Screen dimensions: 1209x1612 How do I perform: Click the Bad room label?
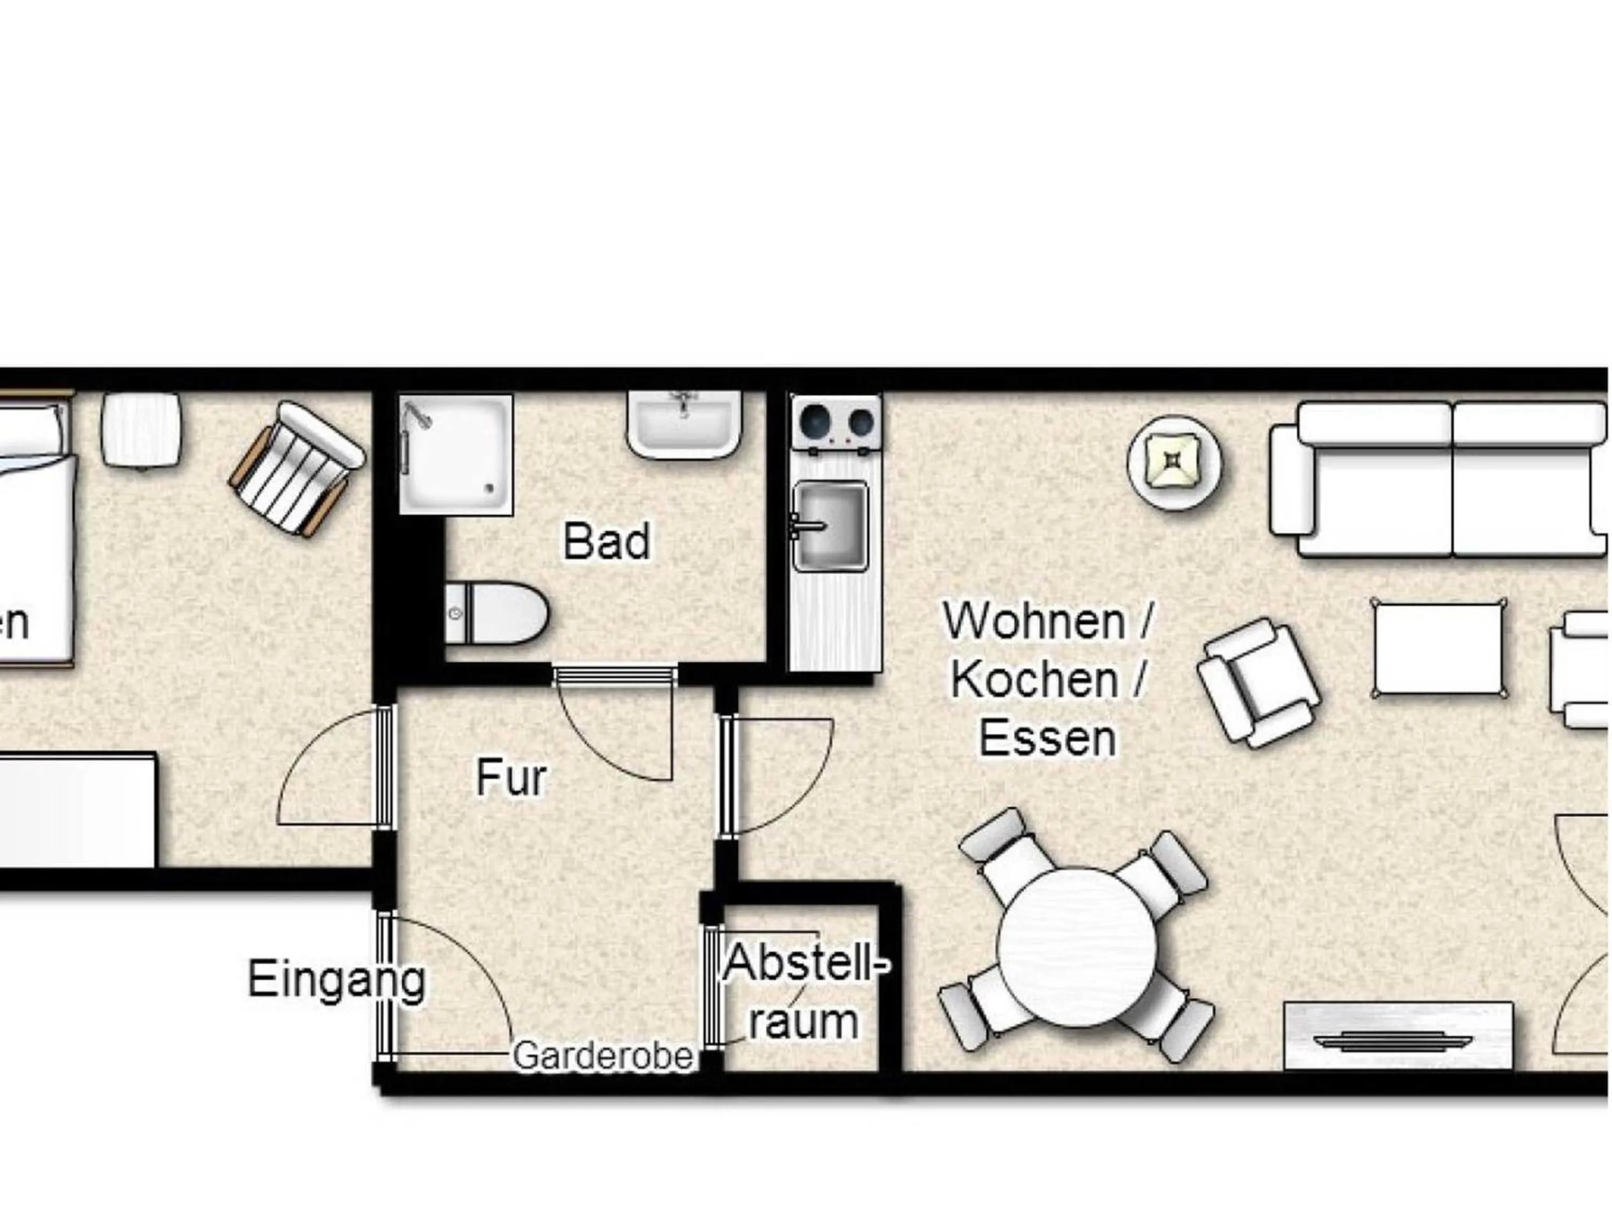click(606, 542)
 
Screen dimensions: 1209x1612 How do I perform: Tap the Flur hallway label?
click(511, 778)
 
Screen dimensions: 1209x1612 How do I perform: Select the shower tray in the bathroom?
click(456, 454)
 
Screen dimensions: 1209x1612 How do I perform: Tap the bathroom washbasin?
click(685, 426)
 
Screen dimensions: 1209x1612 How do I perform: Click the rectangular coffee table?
click(1438, 648)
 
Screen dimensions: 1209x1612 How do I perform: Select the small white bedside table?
click(141, 430)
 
